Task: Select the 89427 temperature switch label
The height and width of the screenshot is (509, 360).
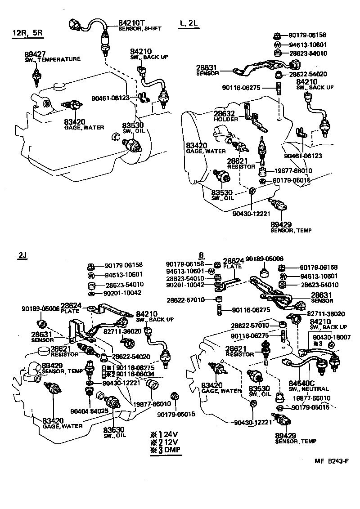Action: tap(35, 54)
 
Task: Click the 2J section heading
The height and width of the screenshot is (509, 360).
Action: tap(23, 256)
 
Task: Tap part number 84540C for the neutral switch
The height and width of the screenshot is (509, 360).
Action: tap(301, 384)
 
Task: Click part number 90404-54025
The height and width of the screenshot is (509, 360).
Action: tap(89, 411)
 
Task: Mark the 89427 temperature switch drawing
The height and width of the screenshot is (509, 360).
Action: tap(36, 76)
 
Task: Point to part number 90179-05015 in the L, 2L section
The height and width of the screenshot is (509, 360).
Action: tap(292, 181)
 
